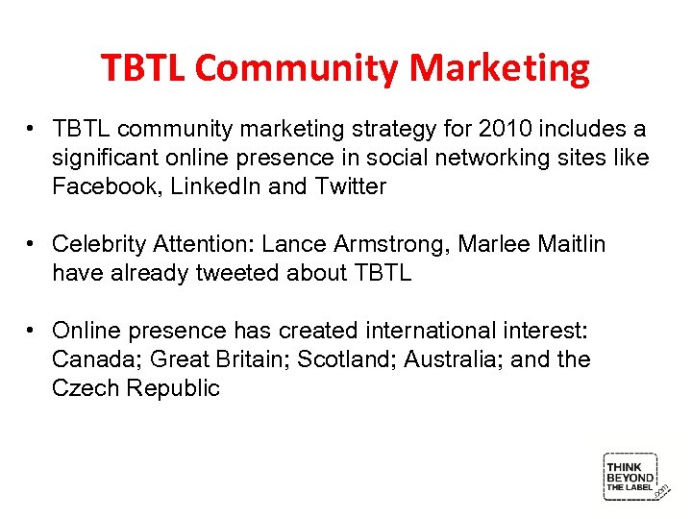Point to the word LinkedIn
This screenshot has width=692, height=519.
coord(211,186)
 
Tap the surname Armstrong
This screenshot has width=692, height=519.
coord(389,244)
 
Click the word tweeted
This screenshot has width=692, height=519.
coord(236,273)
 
